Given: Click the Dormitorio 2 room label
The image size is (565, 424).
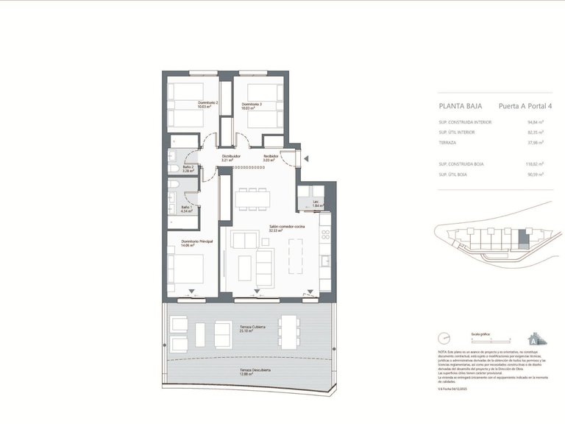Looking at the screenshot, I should pos(207,105).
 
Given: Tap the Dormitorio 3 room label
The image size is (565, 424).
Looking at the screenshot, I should pos(252,105).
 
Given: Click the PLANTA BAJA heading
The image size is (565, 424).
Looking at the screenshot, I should pos(460,105).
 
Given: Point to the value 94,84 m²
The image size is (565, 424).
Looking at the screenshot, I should pos(535,122).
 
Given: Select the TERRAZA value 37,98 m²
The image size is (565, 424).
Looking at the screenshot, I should pos(535,143).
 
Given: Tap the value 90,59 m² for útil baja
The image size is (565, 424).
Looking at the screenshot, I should pos(535,174).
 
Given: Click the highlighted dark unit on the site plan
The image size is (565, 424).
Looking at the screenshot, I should pos(523,238).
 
